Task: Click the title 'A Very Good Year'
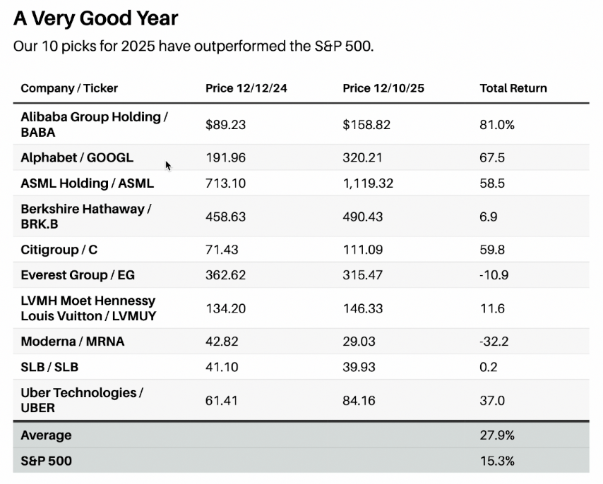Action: point(96,18)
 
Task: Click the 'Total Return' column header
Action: point(513,88)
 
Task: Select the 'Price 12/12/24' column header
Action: point(246,88)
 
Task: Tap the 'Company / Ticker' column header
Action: point(69,88)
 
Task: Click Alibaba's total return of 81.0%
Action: point(497,125)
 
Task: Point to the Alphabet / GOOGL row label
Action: point(77,157)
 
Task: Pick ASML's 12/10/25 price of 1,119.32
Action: point(368,183)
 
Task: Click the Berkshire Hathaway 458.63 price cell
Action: point(225,217)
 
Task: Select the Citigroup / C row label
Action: point(59,250)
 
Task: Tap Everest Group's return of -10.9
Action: point(494,275)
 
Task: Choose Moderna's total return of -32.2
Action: point(494,341)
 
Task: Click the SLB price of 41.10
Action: point(222,367)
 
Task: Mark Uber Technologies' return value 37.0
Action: point(492,401)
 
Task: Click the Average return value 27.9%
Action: point(497,435)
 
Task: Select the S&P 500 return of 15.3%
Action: point(497,461)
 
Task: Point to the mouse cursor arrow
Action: point(168,165)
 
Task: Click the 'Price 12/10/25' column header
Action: point(383,88)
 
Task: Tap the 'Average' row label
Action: point(46,435)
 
